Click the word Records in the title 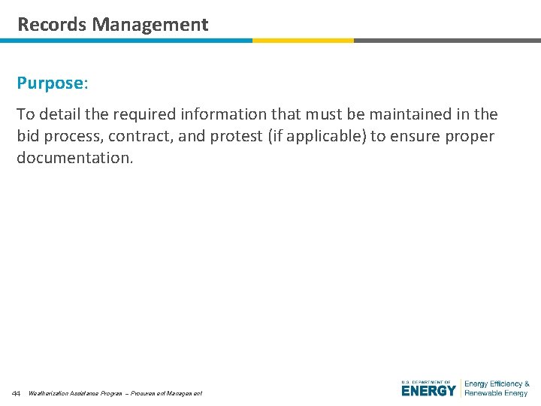(x=52, y=24)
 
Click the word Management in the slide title (x=150, y=24)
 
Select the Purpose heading (x=52, y=83)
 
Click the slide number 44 (x=16, y=393)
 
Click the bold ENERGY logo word (x=428, y=391)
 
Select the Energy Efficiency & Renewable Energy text (x=497, y=388)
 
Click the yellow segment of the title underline (x=303, y=41)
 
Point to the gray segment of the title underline (x=447, y=41)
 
